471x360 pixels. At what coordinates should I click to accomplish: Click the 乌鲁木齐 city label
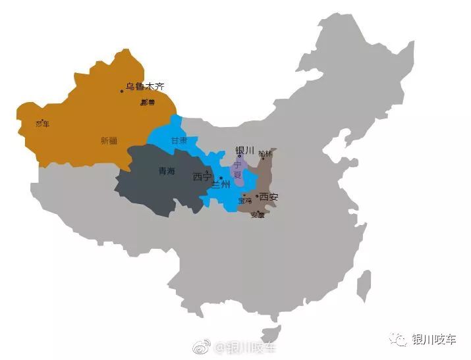145,86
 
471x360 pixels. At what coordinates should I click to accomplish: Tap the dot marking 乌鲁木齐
122,91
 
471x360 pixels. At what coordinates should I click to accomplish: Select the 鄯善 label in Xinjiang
148,103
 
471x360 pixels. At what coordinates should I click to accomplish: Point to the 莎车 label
42,124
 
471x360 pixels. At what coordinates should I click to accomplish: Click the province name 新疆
109,140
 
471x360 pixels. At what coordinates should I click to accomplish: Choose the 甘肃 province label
179,141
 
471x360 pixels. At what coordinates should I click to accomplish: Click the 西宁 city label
202,177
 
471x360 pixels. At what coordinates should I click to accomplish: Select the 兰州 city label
221,185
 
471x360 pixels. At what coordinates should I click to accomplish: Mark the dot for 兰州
221,178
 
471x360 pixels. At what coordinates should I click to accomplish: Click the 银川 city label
244,150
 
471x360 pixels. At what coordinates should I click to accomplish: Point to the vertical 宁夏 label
238,170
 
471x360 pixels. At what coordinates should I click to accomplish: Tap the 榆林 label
265,153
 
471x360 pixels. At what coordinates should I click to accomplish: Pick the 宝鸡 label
245,200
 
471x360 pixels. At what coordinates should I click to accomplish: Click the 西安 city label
269,197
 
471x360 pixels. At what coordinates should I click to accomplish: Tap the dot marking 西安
257,196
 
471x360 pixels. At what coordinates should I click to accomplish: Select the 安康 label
258,215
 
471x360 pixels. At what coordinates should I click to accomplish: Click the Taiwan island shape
363,286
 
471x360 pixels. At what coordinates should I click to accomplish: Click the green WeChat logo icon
399,339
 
